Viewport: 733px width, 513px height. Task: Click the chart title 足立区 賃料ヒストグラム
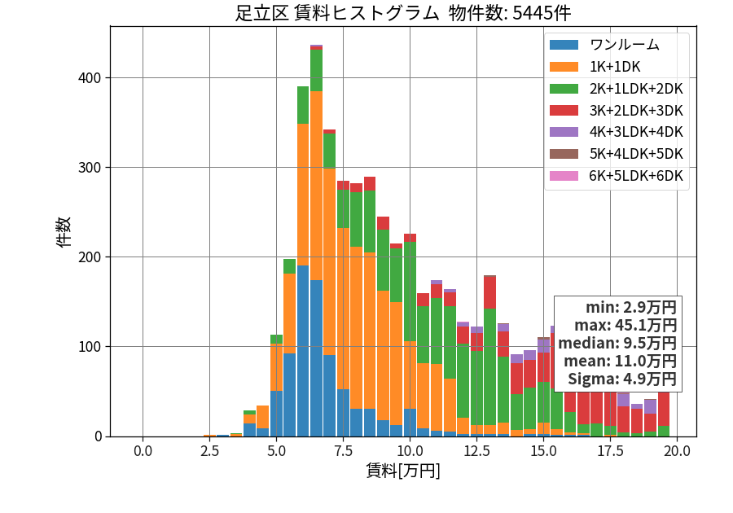tap(336, 13)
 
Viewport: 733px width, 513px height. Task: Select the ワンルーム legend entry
tap(604, 45)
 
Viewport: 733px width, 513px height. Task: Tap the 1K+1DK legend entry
tap(595, 67)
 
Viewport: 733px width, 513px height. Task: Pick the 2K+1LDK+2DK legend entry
tap(617, 89)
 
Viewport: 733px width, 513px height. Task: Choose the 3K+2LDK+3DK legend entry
tap(617, 111)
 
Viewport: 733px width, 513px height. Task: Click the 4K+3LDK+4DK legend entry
tap(617, 132)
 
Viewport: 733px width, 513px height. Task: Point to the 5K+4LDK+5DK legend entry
tap(617, 154)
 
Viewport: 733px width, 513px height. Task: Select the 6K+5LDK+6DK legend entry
tap(617, 176)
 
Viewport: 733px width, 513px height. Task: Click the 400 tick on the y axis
tap(90, 78)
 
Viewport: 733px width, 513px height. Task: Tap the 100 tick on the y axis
tap(90, 347)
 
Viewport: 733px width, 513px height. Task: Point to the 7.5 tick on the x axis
tap(343, 451)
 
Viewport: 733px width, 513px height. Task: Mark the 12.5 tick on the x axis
tap(476, 451)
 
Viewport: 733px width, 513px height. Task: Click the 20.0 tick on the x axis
tap(677, 451)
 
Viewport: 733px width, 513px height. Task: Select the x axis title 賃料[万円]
tap(403, 471)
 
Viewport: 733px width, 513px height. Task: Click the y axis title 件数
tap(64, 232)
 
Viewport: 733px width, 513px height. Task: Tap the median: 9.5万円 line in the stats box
tap(617, 343)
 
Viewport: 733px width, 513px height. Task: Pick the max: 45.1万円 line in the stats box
tap(625, 325)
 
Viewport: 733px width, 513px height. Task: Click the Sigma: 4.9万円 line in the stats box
tap(621, 379)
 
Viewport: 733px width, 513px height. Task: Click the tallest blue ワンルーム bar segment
tap(303, 351)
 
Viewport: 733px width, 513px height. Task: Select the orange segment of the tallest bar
tap(317, 186)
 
